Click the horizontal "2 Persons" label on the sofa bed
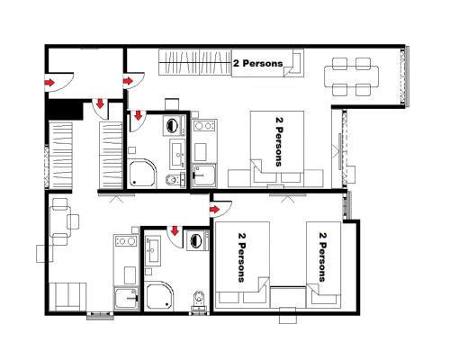[x=257, y=64]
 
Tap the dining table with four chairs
[x=352, y=76]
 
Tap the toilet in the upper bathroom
[x=171, y=182]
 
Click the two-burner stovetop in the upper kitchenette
[x=203, y=126]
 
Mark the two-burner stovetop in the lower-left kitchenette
[x=124, y=242]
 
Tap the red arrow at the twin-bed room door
[x=215, y=210]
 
